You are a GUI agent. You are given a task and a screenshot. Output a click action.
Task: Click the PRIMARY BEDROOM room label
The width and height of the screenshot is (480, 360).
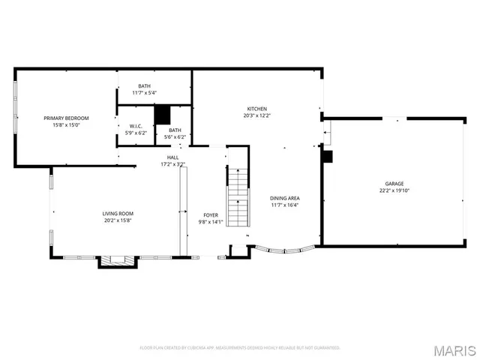point(66,118)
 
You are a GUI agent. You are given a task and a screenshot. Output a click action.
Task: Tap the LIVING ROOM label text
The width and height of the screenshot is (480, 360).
point(118,214)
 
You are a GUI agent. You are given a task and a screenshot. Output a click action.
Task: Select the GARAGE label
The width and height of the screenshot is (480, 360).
point(394,184)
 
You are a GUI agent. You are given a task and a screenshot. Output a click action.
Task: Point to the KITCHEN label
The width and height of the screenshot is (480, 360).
point(257,108)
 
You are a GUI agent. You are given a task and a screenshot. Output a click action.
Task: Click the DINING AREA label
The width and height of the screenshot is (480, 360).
point(284,198)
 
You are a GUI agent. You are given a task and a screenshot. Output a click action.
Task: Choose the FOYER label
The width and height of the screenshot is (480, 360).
point(211,214)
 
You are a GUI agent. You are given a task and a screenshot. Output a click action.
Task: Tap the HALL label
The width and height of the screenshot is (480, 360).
point(172,157)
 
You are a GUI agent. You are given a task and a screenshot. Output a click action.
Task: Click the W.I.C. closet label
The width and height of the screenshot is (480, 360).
point(136,126)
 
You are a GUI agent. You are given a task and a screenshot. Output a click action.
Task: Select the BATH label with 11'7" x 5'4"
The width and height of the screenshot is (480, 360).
point(144,86)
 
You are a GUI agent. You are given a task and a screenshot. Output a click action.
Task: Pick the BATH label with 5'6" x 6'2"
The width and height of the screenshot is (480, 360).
point(174,130)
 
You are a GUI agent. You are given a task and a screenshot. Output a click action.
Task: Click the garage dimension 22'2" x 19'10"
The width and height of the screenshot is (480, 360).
point(394,190)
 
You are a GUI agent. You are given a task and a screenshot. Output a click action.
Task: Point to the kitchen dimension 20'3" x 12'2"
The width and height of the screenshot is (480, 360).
point(257,115)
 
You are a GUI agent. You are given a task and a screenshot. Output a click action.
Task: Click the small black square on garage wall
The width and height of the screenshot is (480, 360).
point(327,156)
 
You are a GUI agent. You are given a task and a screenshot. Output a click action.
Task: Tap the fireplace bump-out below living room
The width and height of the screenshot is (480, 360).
point(118,262)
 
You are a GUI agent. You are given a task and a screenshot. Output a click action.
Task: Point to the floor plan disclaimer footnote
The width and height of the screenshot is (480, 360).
point(240,348)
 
